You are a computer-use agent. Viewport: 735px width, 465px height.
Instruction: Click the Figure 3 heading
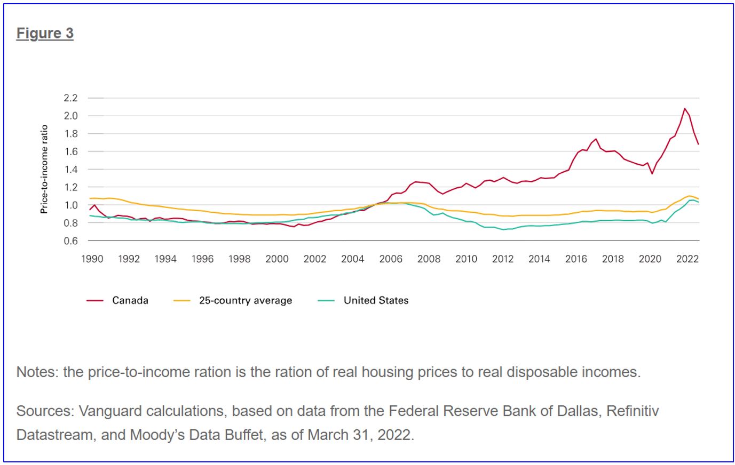(45, 33)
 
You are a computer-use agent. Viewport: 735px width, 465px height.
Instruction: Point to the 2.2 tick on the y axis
(70, 98)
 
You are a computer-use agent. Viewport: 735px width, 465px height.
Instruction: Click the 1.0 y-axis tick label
(70, 205)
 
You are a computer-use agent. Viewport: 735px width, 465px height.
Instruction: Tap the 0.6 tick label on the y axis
(70, 241)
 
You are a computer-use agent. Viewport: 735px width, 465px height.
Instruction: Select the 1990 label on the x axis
(92, 259)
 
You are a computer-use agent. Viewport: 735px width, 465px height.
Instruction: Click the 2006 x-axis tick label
(391, 259)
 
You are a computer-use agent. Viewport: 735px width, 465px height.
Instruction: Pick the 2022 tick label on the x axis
(687, 259)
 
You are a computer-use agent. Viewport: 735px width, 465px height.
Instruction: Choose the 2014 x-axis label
(539, 259)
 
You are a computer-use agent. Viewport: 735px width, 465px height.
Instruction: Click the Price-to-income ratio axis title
(44, 169)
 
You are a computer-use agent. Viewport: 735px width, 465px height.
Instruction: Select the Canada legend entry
(130, 300)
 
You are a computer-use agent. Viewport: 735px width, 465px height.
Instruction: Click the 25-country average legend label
(246, 300)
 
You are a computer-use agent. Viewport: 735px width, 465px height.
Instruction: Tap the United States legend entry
(376, 300)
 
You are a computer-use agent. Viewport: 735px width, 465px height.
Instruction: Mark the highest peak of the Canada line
(684, 108)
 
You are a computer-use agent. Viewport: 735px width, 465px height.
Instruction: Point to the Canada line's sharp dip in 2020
(652, 173)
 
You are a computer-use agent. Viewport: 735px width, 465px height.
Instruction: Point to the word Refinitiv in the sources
(633, 411)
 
